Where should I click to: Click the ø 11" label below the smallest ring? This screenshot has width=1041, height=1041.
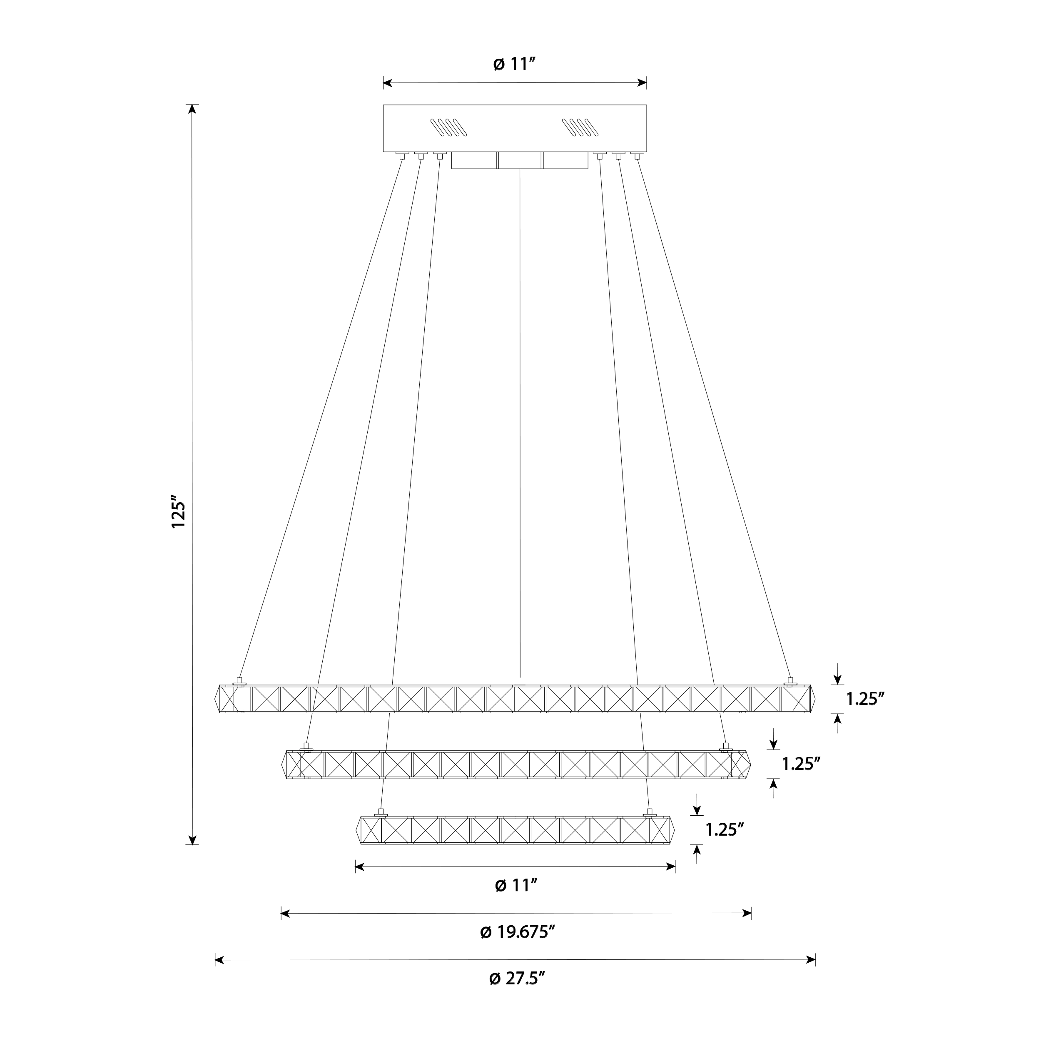pos(516,885)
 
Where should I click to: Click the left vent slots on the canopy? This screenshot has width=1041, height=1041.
pos(448,128)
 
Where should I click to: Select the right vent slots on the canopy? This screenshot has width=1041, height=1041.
pos(581,128)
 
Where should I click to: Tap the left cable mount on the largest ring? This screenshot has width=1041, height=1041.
pos(240,682)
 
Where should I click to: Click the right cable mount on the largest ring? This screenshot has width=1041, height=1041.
pos(790,682)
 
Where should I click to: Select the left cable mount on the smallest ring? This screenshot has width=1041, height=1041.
pos(381,814)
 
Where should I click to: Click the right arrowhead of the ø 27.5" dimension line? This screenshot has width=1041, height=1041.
pos(811,960)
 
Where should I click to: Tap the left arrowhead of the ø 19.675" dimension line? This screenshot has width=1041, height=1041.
pos(286,913)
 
